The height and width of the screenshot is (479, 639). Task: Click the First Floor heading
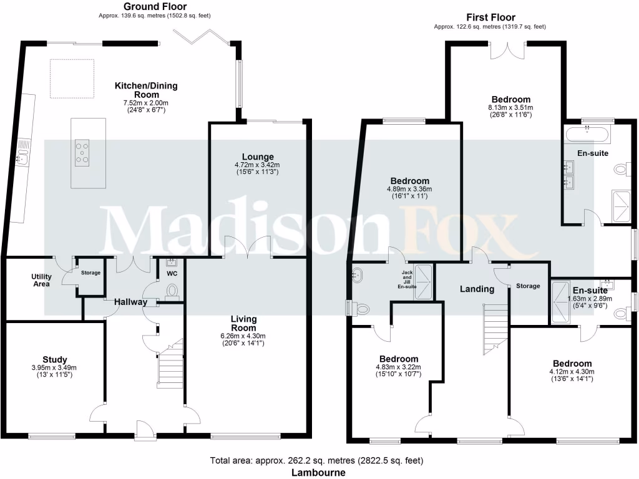point(490,17)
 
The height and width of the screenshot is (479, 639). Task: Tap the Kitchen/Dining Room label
point(145,90)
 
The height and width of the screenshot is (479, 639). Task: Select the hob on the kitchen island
point(82,153)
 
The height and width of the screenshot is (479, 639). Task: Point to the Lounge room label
point(258,157)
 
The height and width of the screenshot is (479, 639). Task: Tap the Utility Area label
point(41,280)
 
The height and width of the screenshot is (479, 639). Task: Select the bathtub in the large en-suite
point(588,133)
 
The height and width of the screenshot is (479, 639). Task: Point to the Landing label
point(477,289)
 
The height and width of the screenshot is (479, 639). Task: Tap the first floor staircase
point(494,327)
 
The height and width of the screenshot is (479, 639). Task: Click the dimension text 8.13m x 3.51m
point(510,107)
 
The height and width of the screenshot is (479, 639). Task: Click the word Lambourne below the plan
point(319,473)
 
